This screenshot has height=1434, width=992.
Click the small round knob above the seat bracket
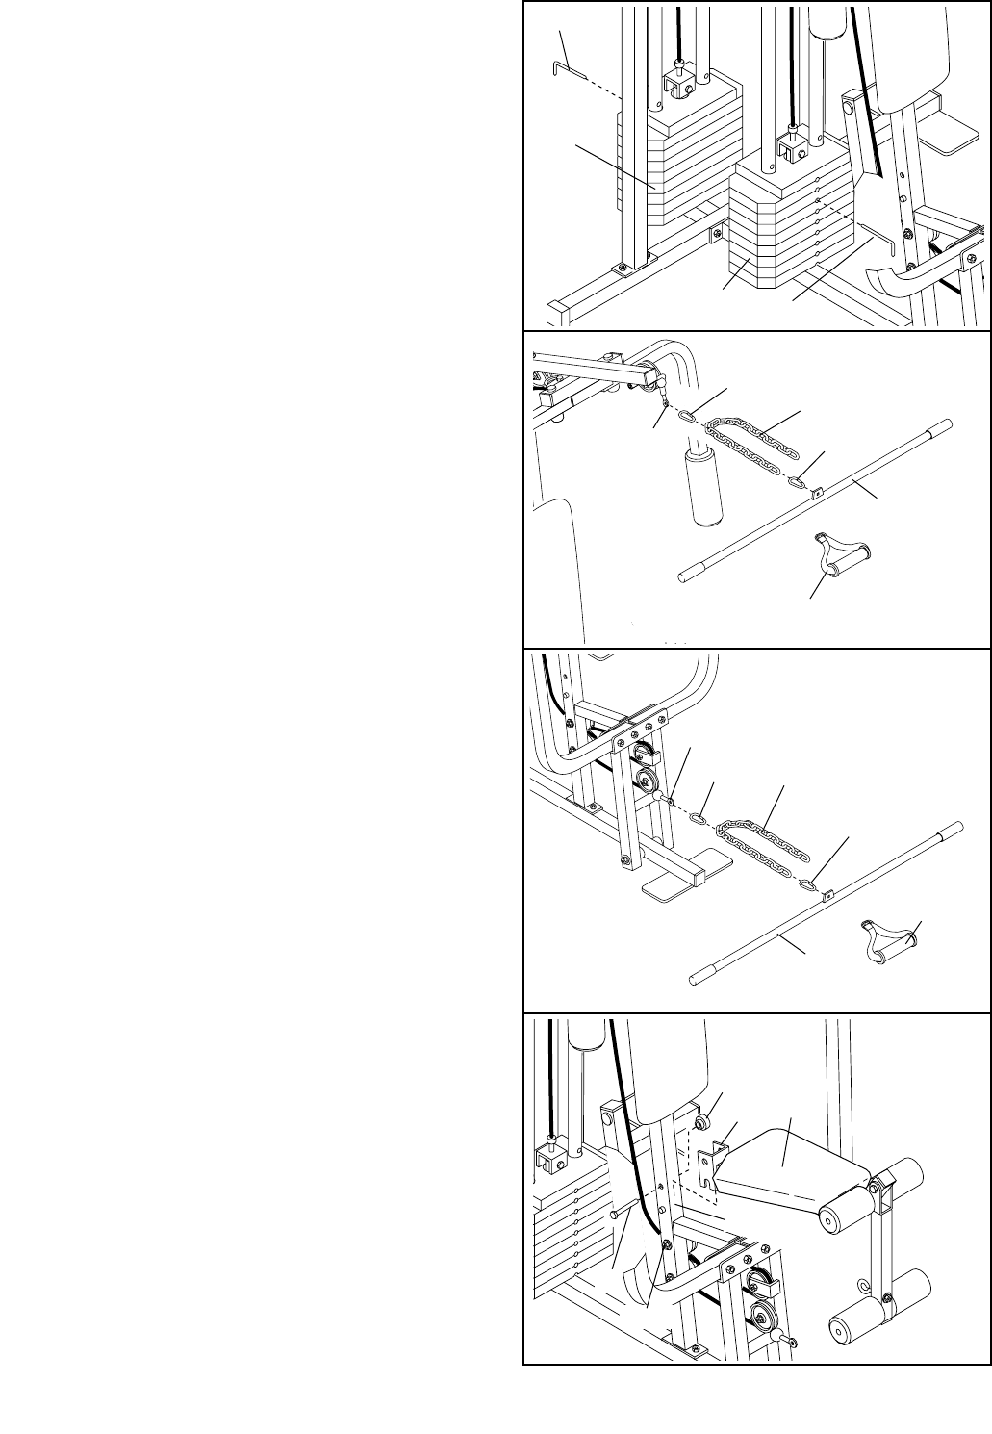point(704,1121)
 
